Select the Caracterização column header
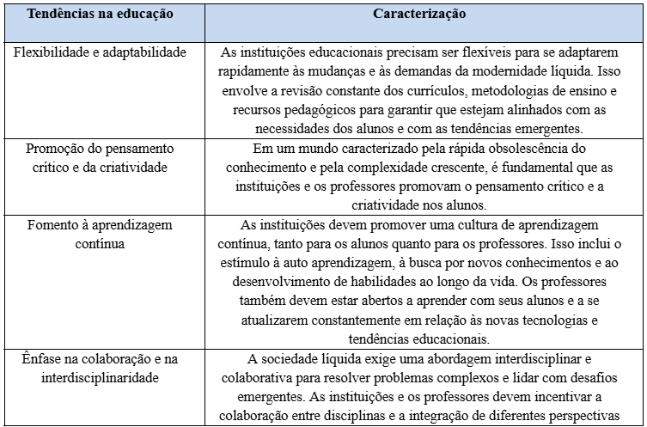(x=420, y=15)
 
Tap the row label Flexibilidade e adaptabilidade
(x=101, y=52)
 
